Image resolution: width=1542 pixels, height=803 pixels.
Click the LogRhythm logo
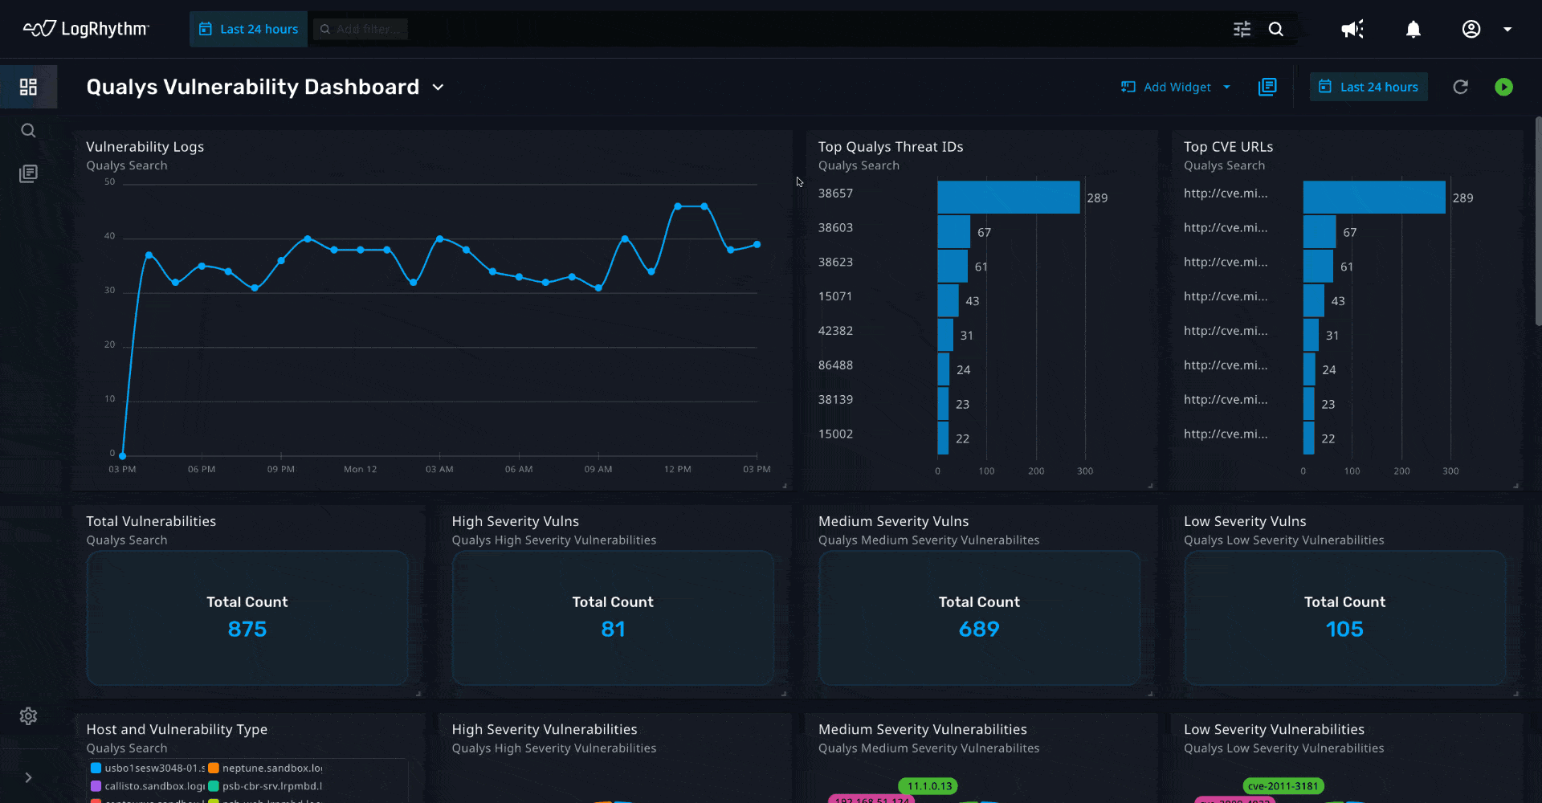tap(86, 29)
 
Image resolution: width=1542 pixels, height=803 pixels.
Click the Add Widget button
tap(1176, 87)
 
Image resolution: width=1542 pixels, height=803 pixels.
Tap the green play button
tap(1503, 87)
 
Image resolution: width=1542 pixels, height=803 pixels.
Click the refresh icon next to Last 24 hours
tap(1460, 87)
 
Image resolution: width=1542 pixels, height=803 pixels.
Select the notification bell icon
tap(1413, 30)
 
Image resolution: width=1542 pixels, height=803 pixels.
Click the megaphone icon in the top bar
tap(1352, 30)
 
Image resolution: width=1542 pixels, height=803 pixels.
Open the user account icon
tap(1471, 30)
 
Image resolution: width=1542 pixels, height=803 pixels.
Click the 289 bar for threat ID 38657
tap(1008, 198)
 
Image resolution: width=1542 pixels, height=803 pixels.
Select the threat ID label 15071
tap(835, 296)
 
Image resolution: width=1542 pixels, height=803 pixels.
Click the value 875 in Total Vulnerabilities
tap(247, 629)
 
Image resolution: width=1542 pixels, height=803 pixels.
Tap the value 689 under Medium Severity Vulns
tap(979, 629)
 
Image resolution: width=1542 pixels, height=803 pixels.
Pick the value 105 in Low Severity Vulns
tap(1344, 629)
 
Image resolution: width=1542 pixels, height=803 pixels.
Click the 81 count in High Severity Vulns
tap(613, 629)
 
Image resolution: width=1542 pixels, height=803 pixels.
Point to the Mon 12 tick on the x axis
tap(360, 469)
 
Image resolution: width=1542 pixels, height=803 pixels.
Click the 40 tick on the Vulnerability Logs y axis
tap(110, 236)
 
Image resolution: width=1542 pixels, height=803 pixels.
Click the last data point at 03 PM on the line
tap(757, 244)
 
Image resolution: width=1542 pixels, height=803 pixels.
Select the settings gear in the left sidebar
tap(28, 715)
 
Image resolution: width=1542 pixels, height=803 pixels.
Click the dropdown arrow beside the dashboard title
tap(438, 87)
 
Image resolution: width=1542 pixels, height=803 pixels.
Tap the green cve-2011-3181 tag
tap(1283, 786)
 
